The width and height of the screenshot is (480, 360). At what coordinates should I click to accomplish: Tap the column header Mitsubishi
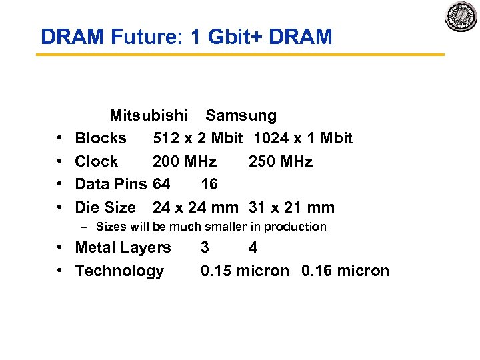149,115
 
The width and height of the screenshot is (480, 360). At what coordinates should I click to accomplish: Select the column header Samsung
241,115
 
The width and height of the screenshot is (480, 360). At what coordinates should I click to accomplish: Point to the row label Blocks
101,138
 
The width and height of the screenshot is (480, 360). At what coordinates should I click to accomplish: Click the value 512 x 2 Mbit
197,138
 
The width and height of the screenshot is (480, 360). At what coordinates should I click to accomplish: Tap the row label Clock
96,161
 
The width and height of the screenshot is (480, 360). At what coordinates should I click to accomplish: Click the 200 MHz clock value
185,161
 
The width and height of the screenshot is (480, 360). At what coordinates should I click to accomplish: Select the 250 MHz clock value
281,161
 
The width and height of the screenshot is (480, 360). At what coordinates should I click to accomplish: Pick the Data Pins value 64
161,184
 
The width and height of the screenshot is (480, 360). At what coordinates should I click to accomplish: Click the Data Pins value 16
209,184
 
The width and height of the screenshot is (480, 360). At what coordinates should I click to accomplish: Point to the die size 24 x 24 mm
195,207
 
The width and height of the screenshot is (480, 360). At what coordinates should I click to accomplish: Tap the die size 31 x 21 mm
291,207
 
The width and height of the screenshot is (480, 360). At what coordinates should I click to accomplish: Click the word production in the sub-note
295,227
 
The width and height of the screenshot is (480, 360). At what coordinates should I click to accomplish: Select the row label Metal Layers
123,247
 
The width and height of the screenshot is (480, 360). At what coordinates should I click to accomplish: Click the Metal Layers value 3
205,247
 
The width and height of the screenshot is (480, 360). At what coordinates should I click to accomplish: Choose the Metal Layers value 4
253,247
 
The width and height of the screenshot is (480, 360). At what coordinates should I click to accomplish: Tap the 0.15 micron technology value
245,271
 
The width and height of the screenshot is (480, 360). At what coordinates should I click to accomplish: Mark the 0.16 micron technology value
345,271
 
